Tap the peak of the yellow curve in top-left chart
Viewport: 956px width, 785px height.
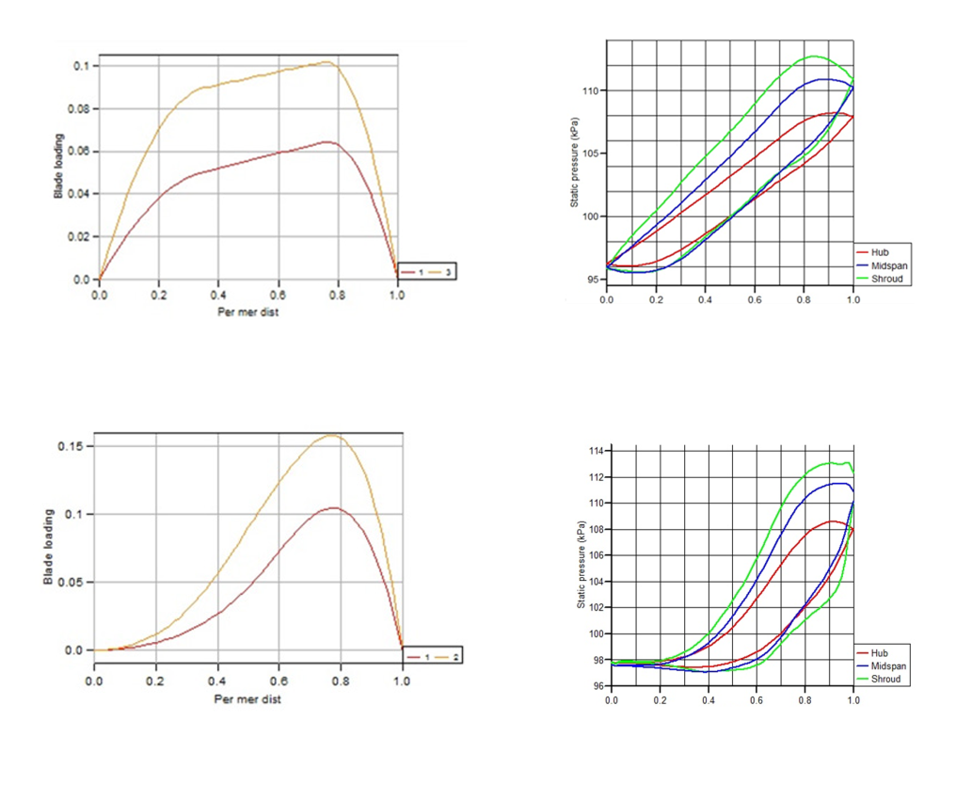pos(327,62)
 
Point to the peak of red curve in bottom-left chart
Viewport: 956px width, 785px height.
pos(334,508)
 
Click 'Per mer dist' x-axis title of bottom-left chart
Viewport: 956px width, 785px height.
pos(247,699)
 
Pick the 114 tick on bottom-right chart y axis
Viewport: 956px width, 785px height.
pos(596,452)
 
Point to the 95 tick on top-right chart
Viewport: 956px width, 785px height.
pos(594,280)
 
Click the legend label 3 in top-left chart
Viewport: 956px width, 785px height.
pos(448,271)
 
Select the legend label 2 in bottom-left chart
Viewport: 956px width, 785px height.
pos(454,654)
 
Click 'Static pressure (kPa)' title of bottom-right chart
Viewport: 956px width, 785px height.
pos(582,569)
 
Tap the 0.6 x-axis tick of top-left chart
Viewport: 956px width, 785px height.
pos(279,294)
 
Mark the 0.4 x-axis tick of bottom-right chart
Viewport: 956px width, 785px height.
pos(708,701)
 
